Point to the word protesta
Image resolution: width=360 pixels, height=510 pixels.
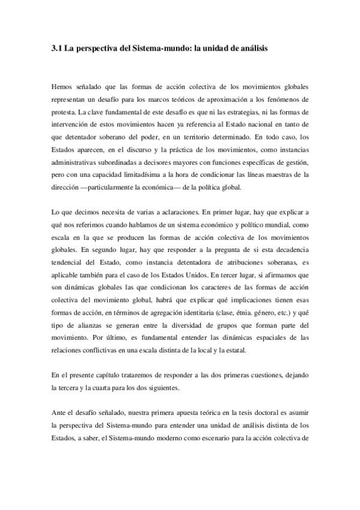(64, 113)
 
